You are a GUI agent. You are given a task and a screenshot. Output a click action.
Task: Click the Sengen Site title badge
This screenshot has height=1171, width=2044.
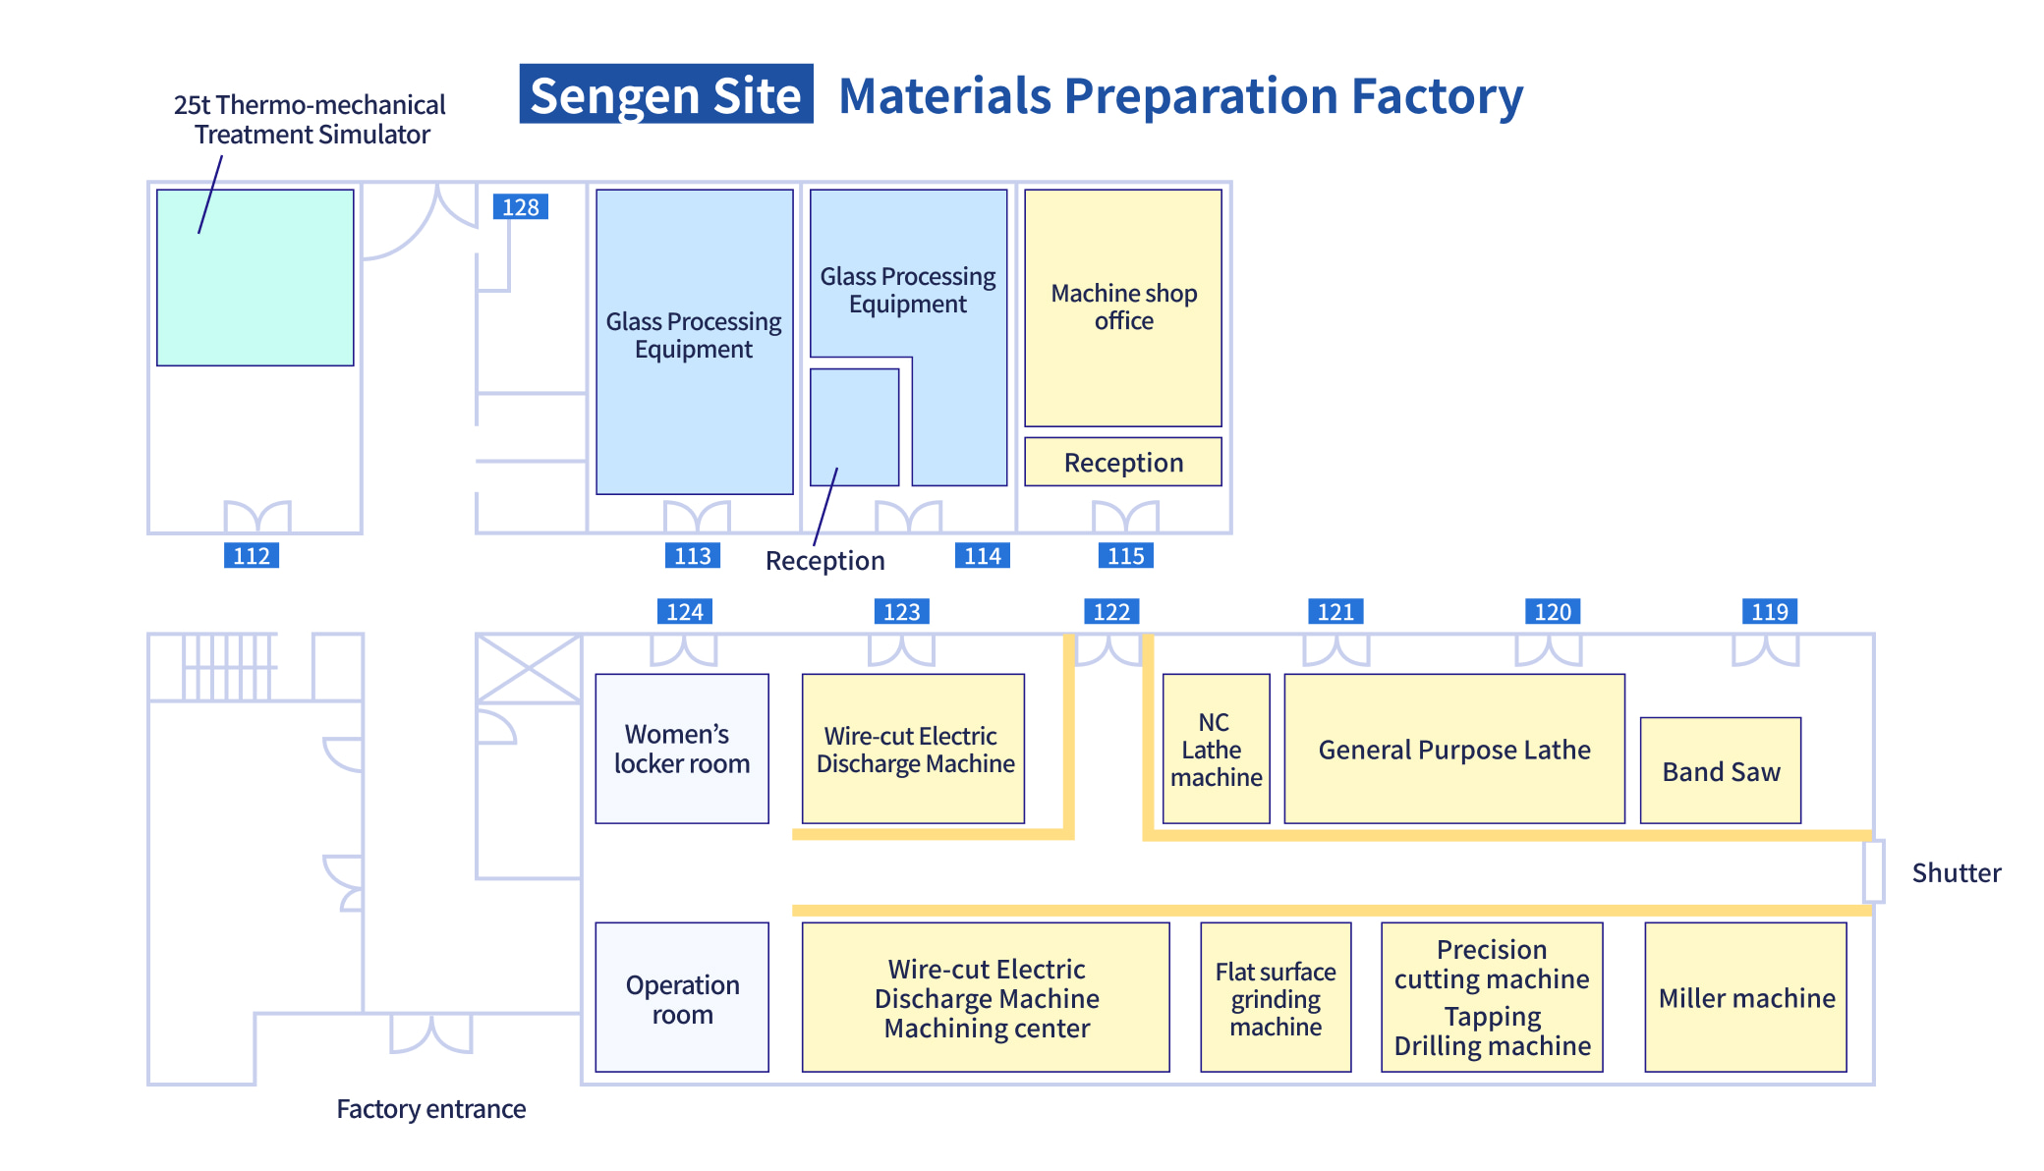click(666, 94)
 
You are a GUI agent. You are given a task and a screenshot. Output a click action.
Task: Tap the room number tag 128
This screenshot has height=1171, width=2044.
click(520, 207)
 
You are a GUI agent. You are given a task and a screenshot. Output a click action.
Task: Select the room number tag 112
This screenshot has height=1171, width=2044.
click(252, 556)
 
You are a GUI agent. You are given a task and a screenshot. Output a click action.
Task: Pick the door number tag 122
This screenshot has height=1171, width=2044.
click(1111, 612)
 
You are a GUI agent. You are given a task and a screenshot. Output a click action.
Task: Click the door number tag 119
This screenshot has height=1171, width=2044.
click(1769, 612)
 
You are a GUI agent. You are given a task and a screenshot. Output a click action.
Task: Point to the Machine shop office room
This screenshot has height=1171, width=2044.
click(1123, 307)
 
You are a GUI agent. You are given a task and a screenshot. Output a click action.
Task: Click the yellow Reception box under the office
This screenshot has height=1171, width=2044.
click(1123, 462)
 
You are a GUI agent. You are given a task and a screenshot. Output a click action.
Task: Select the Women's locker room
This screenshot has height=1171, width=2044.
click(682, 749)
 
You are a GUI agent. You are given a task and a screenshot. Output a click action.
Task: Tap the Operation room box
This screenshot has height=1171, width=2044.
click(682, 997)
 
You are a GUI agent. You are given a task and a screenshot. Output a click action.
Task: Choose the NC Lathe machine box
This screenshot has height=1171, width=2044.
click(1216, 749)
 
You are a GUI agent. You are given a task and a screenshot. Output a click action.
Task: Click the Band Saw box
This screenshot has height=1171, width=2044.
click(1721, 771)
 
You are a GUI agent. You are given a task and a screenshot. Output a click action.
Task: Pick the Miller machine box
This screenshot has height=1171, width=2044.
click(1746, 997)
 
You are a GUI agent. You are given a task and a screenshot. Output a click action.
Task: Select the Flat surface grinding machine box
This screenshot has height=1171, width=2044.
click(1276, 997)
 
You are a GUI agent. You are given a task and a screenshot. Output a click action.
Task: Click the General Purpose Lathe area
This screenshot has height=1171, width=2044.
click(1454, 749)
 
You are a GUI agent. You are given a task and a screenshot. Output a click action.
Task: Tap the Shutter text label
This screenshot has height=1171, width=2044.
click(1956, 872)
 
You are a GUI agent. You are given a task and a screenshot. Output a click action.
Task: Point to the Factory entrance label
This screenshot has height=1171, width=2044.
click(430, 1108)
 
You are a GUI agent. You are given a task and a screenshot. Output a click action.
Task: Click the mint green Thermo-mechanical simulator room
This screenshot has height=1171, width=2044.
click(255, 278)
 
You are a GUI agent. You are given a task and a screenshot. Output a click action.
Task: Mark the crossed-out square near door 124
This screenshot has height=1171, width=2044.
click(529, 669)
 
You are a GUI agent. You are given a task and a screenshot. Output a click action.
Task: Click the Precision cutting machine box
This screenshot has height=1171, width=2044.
click(1492, 997)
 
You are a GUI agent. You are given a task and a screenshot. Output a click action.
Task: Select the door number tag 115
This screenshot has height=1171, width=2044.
click(1125, 556)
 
